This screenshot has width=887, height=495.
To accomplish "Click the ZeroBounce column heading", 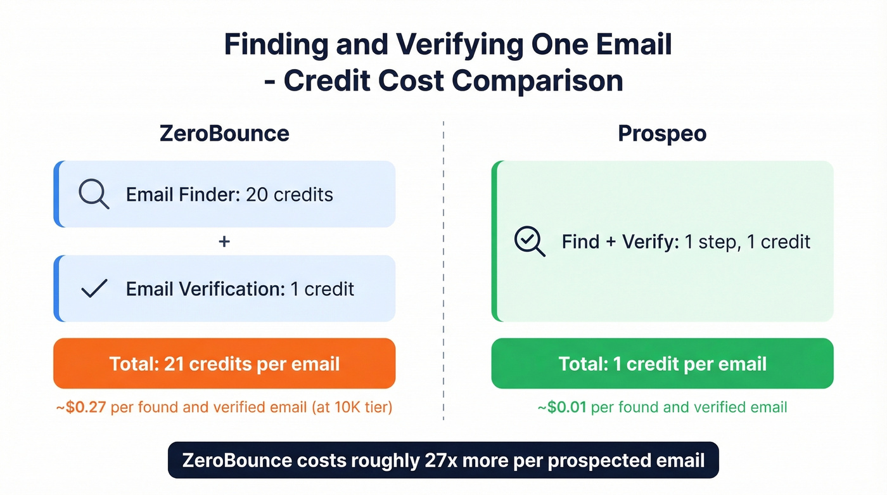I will click(x=224, y=134).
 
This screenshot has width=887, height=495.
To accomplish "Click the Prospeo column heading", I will click(x=662, y=134).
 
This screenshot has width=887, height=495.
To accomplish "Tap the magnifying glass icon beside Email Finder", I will click(x=94, y=194).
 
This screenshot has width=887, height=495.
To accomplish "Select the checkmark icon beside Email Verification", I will click(x=94, y=289).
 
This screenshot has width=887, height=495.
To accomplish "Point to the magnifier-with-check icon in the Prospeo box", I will click(x=530, y=242).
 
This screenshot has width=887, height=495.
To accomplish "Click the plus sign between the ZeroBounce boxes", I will click(x=224, y=241).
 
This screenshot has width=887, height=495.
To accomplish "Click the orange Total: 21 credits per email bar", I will click(x=224, y=364).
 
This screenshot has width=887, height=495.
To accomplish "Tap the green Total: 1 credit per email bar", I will click(x=662, y=364).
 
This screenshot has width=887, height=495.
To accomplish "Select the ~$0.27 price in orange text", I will click(x=82, y=407).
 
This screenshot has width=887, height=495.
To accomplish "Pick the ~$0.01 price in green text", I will click(x=563, y=407).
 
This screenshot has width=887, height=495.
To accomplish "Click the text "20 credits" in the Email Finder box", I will click(x=290, y=194).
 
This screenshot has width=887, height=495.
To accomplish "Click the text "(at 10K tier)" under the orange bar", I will click(x=352, y=407).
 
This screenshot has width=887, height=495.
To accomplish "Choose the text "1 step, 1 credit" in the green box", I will click(x=748, y=241).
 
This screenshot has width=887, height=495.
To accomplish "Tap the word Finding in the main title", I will click(x=276, y=46).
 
